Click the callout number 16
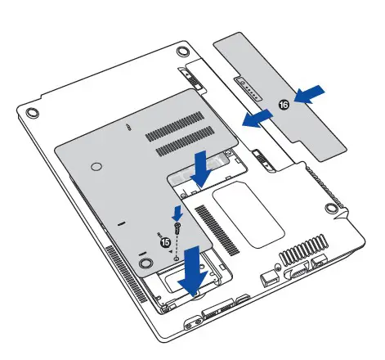pyautogui.click(x=284, y=104)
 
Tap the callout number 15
pyautogui.click(x=165, y=242)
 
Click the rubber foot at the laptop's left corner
pyautogui.click(x=30, y=111)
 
